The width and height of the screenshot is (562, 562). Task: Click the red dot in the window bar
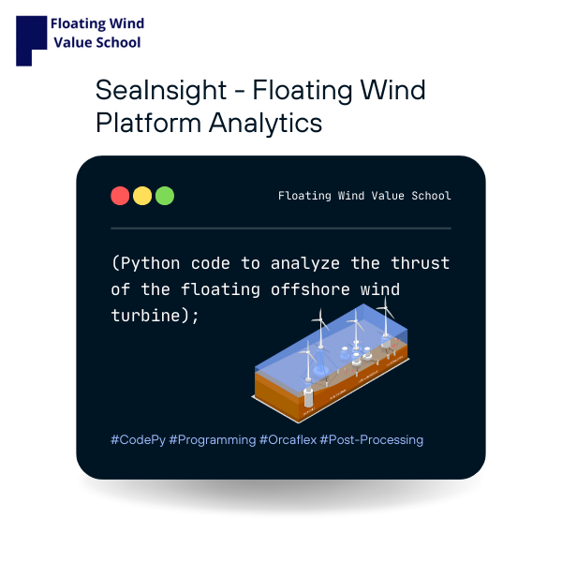click(x=120, y=196)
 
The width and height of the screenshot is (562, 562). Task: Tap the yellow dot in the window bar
click(x=142, y=196)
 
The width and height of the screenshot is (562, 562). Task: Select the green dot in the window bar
click(x=165, y=196)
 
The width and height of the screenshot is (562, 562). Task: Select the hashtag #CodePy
click(x=138, y=439)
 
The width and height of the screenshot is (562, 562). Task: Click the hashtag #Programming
click(x=213, y=439)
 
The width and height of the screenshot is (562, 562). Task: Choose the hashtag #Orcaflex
click(x=288, y=439)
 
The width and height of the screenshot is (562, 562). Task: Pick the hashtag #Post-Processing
click(x=372, y=439)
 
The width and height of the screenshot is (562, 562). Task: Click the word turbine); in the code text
click(x=155, y=316)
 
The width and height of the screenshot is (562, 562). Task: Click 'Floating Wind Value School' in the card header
click(x=364, y=196)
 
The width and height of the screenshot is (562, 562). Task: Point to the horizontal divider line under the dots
click(x=281, y=228)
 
